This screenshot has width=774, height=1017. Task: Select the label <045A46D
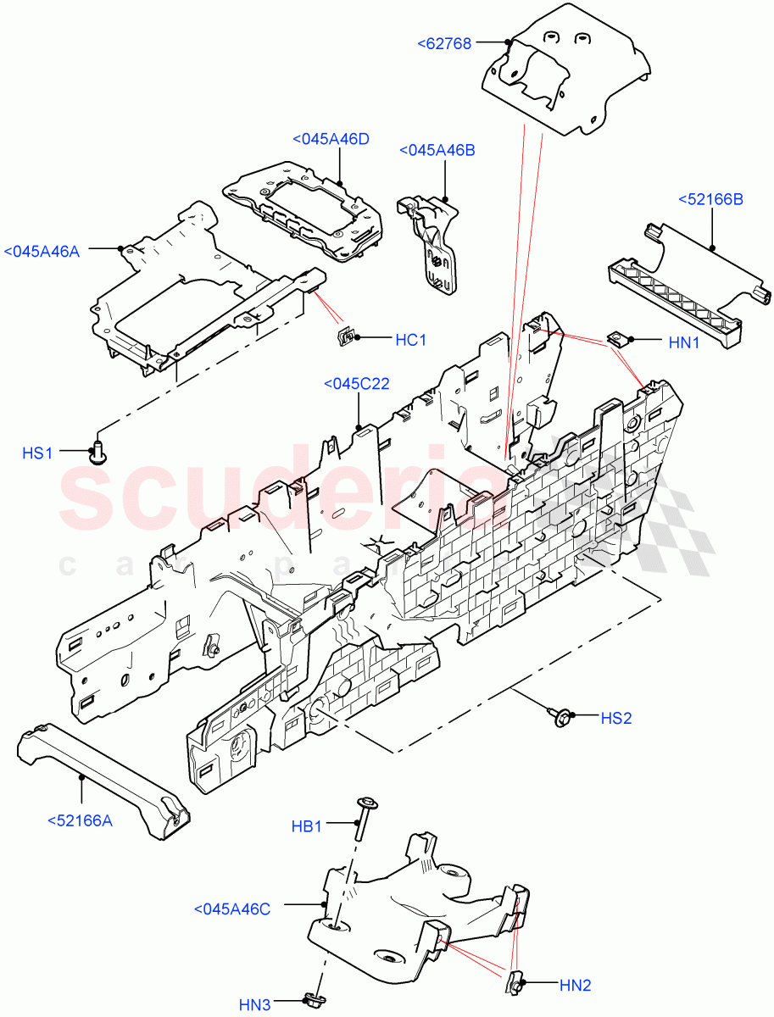coord(331,140)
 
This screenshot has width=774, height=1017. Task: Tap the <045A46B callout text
coord(437,150)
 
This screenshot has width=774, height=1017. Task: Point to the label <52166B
coord(710,199)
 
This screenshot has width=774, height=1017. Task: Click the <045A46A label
coord(42,251)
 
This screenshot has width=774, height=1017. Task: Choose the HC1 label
coord(411,340)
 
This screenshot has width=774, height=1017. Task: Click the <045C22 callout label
coord(357,384)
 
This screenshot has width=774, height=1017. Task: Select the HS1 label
coord(38,453)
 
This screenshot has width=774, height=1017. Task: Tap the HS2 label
coord(616,718)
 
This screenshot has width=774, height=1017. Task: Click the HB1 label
coord(307,825)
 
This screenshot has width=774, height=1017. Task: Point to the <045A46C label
coord(231,909)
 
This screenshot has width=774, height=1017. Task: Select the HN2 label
coord(575,985)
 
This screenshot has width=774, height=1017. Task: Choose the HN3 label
coord(254,1006)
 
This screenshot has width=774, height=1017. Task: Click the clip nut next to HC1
coord(344,339)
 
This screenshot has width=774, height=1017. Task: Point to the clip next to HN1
coord(618,342)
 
